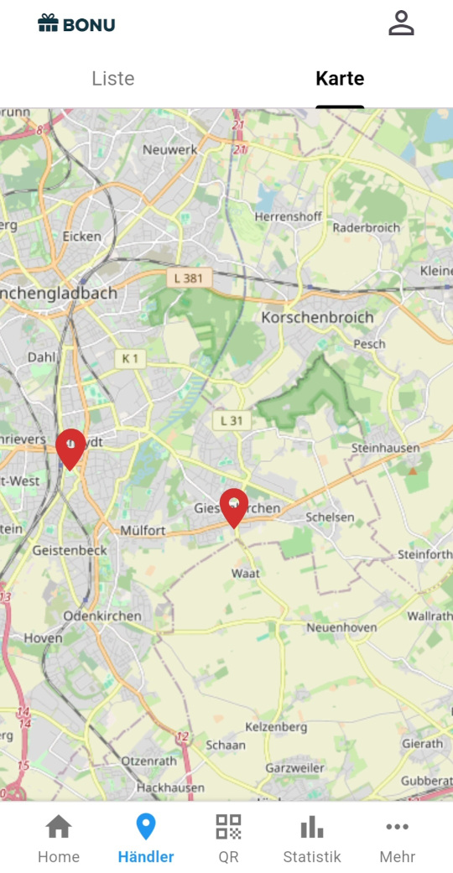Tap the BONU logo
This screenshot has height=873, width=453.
[76, 24]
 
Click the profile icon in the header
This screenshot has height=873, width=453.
[401, 23]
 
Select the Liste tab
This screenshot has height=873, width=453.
[113, 79]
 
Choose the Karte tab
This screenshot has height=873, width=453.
[340, 79]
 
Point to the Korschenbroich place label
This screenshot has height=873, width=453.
[317, 318]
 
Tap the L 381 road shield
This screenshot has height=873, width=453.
[189, 278]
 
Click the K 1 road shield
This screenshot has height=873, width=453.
[130, 359]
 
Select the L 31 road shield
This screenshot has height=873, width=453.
[231, 420]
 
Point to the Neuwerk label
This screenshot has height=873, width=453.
[169, 149]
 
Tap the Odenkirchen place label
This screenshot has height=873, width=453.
[102, 616]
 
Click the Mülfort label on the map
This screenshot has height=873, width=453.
[143, 530]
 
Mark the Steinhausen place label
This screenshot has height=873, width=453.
[385, 449]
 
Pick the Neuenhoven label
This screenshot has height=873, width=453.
[341, 627]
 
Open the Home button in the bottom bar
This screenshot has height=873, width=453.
[58, 839]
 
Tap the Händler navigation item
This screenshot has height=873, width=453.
[146, 839]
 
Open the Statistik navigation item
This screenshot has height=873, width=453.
[312, 839]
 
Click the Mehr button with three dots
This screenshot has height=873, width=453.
[397, 839]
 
